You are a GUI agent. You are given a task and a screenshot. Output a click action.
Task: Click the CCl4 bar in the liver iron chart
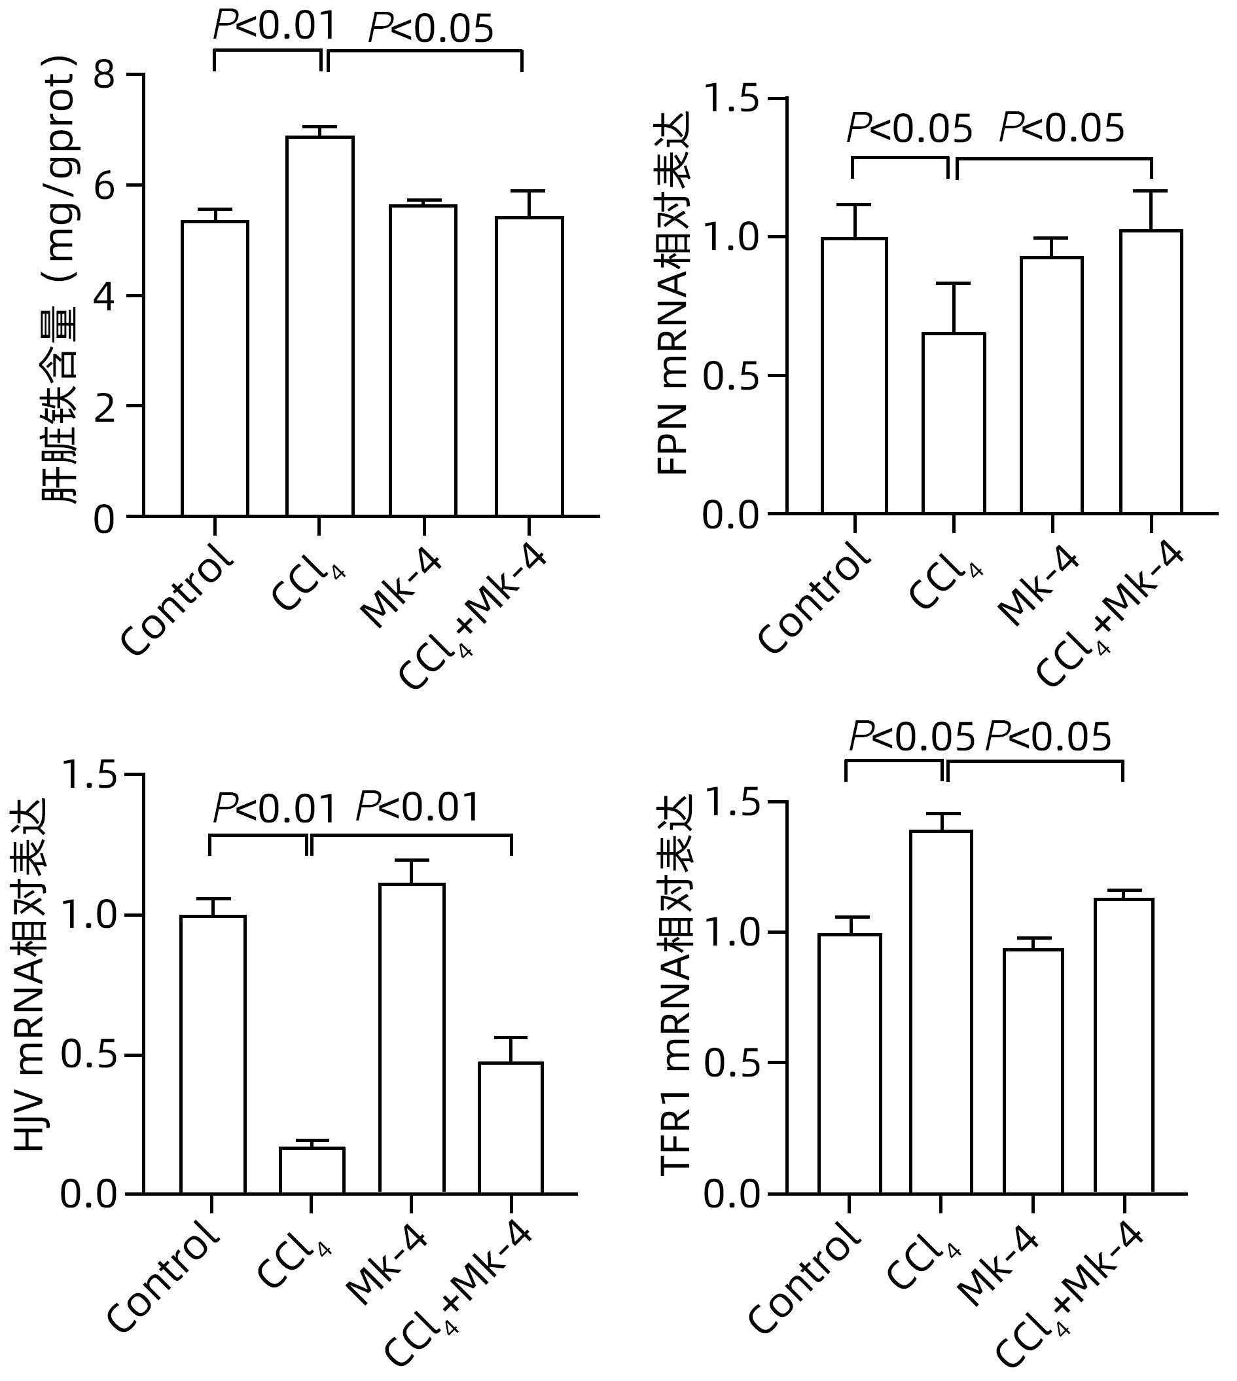click(x=319, y=326)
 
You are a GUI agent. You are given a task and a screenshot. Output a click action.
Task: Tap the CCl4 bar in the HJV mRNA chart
click(x=312, y=1169)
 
